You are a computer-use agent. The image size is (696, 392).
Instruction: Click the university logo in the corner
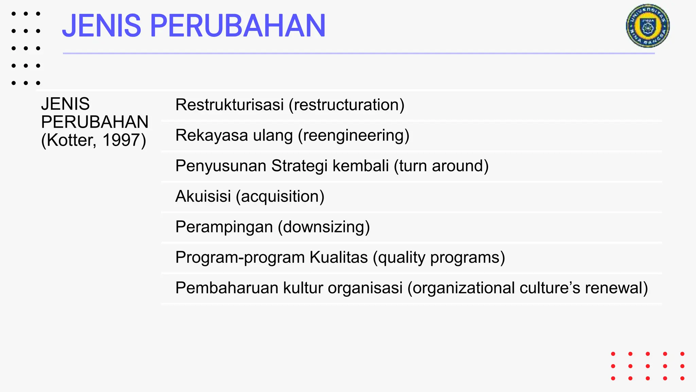tap(648, 26)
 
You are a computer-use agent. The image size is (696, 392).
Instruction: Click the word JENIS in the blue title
tap(101, 26)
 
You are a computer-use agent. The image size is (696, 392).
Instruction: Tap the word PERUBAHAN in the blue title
tap(238, 26)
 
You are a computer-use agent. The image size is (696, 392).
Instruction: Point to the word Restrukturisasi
tap(229, 104)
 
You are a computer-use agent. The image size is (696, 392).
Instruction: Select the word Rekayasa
tap(211, 135)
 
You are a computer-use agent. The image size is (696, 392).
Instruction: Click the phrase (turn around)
tap(441, 166)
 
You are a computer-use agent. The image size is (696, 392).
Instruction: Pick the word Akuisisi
tap(203, 196)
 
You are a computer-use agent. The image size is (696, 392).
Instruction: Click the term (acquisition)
tap(280, 196)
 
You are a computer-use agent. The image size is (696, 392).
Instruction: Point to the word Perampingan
tap(224, 227)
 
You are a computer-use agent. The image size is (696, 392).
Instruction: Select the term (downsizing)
tap(324, 227)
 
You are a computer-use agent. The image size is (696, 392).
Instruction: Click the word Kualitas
tap(338, 257)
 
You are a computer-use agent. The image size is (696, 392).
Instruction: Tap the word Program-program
tap(240, 258)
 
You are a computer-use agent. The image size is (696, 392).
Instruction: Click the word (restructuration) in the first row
tap(346, 105)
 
